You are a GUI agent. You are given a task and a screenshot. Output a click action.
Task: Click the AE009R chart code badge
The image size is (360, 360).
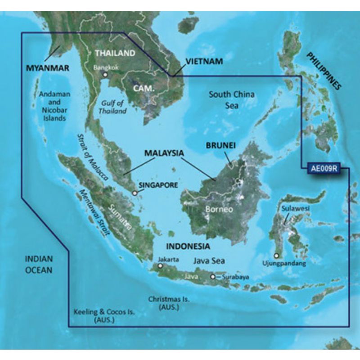pos(324,170)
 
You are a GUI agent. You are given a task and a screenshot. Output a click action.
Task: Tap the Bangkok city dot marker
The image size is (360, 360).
pos(105,75)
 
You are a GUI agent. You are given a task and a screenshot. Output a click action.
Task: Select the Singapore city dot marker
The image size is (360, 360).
pos(135,193)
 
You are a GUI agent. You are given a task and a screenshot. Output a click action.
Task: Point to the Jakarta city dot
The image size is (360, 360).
pos(162,266)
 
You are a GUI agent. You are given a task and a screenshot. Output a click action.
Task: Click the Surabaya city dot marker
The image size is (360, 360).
pos(213,277)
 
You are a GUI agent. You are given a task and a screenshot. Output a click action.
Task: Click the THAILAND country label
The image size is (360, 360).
pos(115,53)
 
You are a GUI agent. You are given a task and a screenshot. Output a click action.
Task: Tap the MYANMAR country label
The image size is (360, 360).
pos(47,68)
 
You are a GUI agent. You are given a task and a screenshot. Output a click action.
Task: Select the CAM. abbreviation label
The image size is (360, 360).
pos(144,89)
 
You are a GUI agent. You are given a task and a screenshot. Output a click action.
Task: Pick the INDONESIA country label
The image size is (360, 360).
pos(188,247)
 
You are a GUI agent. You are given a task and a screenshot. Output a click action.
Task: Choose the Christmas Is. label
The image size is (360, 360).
pos(169,303)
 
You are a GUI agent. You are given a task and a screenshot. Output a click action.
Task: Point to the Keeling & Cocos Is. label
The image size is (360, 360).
pos(104,315)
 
